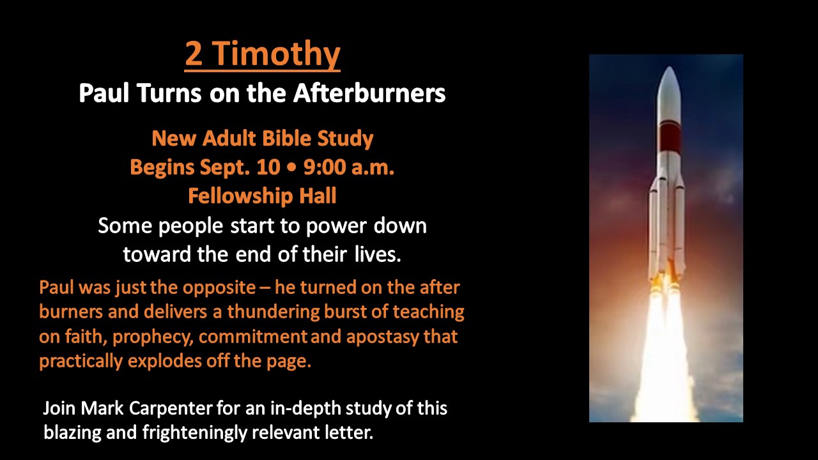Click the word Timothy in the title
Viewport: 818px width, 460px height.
(x=276, y=54)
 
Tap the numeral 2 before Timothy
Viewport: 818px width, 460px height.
(x=194, y=54)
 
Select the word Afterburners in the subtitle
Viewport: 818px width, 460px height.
(x=369, y=93)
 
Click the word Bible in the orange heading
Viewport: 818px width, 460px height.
(x=287, y=139)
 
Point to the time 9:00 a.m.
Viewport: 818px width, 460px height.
(x=349, y=167)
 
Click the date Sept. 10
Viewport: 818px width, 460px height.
(x=240, y=167)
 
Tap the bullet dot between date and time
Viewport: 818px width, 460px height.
(x=292, y=167)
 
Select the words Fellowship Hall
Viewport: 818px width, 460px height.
(x=262, y=195)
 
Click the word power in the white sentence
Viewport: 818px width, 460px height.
(x=336, y=226)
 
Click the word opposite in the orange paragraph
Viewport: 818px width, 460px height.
(x=219, y=287)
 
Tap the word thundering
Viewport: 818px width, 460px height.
(x=273, y=312)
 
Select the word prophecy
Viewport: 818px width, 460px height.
(x=153, y=337)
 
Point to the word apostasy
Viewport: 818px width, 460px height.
(x=382, y=337)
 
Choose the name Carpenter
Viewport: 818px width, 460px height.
(x=171, y=408)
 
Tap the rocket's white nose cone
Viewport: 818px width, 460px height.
(x=669, y=94)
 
